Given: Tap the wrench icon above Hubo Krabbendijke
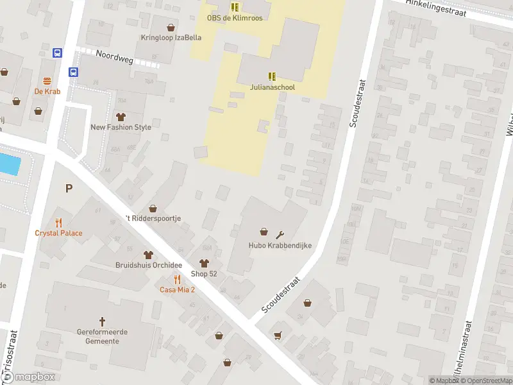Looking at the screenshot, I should (x=280, y=233).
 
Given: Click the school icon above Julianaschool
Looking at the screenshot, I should (x=272, y=76).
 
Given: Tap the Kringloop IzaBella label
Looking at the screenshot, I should (x=171, y=38).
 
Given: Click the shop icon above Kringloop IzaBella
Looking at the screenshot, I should (x=171, y=28).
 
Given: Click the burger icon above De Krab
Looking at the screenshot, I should (x=47, y=81).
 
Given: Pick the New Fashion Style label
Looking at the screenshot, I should (x=121, y=127).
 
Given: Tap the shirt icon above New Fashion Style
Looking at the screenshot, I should (x=121, y=116).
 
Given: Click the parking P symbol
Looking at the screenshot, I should (x=68, y=188).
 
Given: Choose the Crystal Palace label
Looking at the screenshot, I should (x=58, y=233).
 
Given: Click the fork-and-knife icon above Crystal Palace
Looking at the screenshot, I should (x=59, y=223).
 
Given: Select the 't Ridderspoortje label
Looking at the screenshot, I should (x=153, y=218).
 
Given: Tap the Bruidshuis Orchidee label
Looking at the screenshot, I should (x=149, y=266).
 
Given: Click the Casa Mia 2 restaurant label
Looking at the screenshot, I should (x=177, y=289).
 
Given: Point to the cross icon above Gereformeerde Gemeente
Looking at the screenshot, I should (x=102, y=321).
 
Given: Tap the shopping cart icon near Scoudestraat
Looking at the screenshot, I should (x=278, y=335).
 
